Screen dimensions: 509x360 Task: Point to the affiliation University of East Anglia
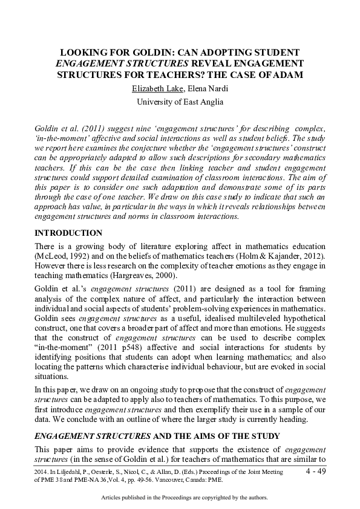pyautogui.click(x=180, y=102)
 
